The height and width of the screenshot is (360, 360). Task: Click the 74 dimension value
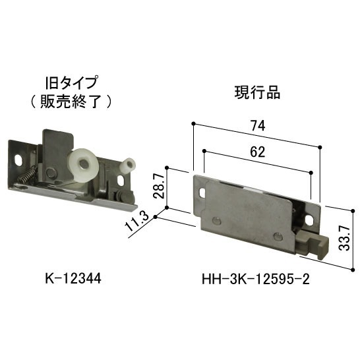(x=258, y=125)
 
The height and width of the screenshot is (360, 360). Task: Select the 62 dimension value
(x=258, y=152)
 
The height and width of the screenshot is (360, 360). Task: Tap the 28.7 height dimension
(x=159, y=186)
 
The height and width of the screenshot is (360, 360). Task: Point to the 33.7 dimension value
(x=344, y=237)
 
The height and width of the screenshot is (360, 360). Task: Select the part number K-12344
(x=73, y=279)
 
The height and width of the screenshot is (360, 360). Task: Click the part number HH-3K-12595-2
(x=256, y=280)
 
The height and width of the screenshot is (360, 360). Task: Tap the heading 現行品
(x=257, y=92)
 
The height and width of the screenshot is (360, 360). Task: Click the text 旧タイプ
(x=71, y=82)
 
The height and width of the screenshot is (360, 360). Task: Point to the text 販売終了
(x=71, y=102)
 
